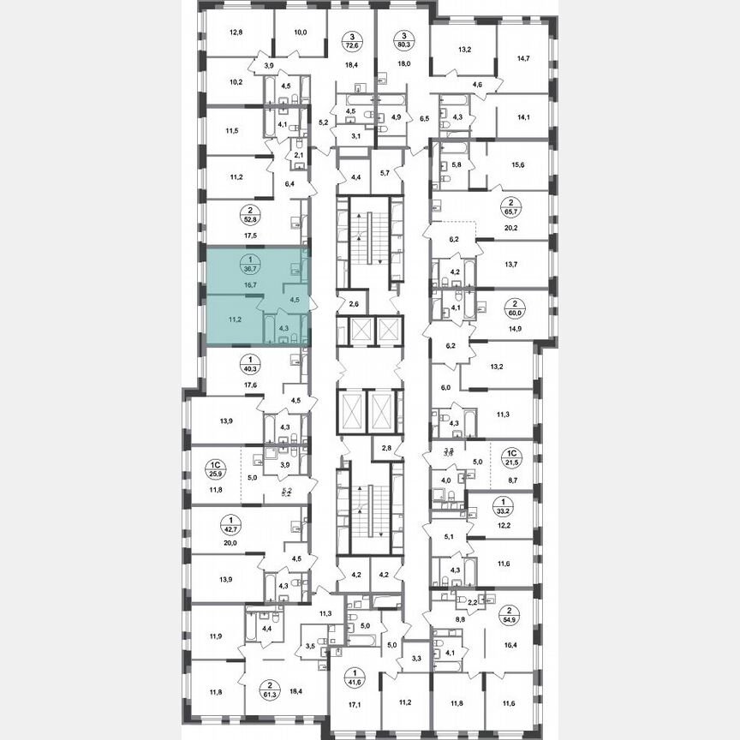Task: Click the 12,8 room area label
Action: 236,33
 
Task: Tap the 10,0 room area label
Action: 300,33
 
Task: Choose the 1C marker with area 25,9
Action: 214,469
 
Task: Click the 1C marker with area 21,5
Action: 511,459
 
